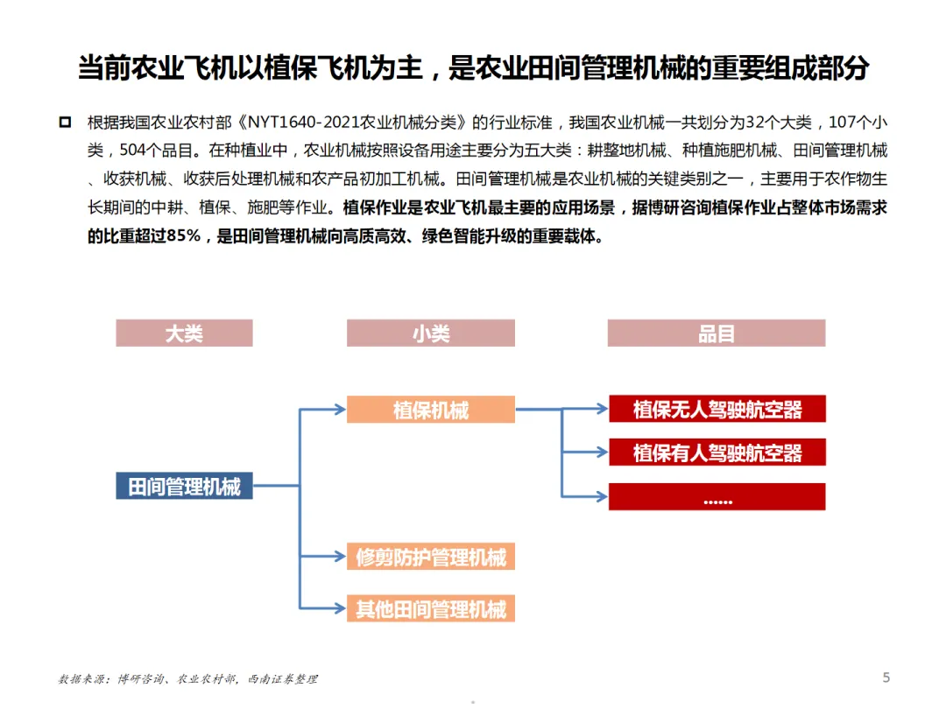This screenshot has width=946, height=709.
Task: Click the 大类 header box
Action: (x=184, y=333)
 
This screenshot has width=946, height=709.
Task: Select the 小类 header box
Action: (x=430, y=333)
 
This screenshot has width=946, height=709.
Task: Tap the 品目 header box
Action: (x=717, y=333)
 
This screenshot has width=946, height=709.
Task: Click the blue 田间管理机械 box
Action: (x=184, y=486)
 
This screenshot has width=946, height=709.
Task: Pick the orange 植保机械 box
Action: (x=430, y=410)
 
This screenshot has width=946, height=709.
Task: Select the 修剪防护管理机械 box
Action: (x=430, y=557)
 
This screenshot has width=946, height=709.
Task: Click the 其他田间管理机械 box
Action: (x=430, y=608)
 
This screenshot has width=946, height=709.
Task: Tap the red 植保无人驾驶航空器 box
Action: (x=717, y=409)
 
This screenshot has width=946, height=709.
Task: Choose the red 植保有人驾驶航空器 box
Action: (x=717, y=453)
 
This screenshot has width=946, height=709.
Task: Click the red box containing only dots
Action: (x=717, y=497)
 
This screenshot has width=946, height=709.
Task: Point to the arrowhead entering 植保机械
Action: (x=340, y=409)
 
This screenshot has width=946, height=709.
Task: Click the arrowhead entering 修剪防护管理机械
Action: (x=340, y=557)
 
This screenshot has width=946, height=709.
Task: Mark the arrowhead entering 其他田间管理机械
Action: (x=340, y=608)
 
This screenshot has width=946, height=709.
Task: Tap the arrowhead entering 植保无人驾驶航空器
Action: (x=602, y=409)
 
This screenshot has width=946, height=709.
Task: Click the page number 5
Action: (x=886, y=677)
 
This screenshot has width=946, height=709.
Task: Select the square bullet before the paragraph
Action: (x=65, y=122)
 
